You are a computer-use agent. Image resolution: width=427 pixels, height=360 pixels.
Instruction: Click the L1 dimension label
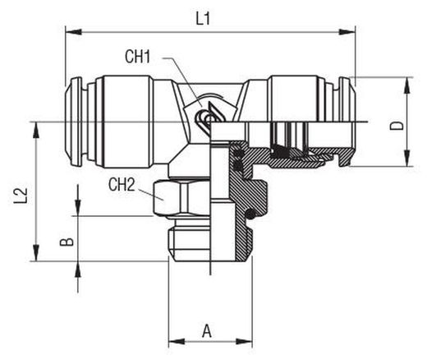[x=203, y=20]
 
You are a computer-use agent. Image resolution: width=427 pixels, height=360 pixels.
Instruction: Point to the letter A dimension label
[x=207, y=330]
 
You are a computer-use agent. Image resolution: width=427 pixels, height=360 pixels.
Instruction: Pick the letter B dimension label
[x=67, y=242]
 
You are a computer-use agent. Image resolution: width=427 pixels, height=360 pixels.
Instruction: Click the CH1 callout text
[x=138, y=57]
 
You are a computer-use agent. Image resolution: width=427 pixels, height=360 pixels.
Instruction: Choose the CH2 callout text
[x=122, y=185]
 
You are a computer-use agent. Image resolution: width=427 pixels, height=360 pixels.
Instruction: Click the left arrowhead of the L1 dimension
[x=74, y=32]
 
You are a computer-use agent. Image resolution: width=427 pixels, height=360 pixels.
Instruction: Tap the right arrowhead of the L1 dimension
[x=347, y=32]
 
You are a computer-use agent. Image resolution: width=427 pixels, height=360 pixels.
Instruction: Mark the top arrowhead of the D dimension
[x=407, y=85]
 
